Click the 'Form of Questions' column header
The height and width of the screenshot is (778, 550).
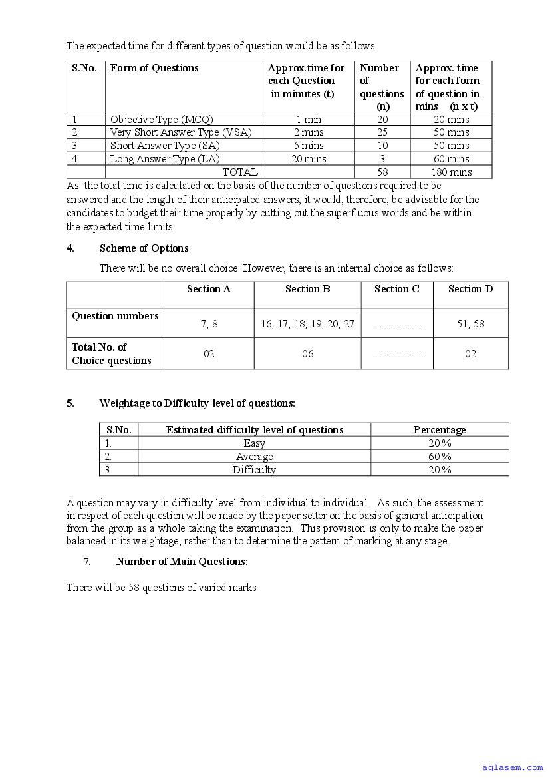pyautogui.click(x=154, y=68)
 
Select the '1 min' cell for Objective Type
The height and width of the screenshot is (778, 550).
pyautogui.click(x=309, y=120)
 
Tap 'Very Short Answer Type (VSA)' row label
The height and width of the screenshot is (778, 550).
pyautogui.click(x=181, y=132)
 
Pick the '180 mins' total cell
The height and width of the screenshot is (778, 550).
pyautogui.click(x=451, y=172)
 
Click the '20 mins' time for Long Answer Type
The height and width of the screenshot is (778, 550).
pyautogui.click(x=309, y=159)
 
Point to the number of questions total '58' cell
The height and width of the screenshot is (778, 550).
pyautogui.click(x=382, y=172)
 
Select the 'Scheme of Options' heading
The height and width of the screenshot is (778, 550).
pyautogui.click(x=144, y=248)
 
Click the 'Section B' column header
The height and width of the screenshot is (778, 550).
pyautogui.click(x=307, y=289)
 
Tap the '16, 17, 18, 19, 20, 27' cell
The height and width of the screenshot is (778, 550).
pyautogui.click(x=307, y=324)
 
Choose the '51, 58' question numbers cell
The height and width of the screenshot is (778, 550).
pyautogui.click(x=470, y=324)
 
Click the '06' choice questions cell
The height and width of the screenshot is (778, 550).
pyautogui.click(x=307, y=354)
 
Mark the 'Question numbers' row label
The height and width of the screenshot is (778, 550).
pyautogui.click(x=115, y=316)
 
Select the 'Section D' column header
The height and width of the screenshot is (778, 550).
pyautogui.click(x=470, y=289)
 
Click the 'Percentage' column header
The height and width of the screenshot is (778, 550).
pyautogui.click(x=440, y=430)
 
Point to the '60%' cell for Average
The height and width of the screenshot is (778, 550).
pyautogui.click(x=440, y=457)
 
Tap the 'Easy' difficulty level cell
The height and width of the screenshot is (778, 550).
pyautogui.click(x=254, y=443)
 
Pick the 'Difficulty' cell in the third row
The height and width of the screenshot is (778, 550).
pyautogui.click(x=254, y=470)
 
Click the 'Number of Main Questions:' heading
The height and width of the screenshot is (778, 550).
pyautogui.click(x=182, y=562)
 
